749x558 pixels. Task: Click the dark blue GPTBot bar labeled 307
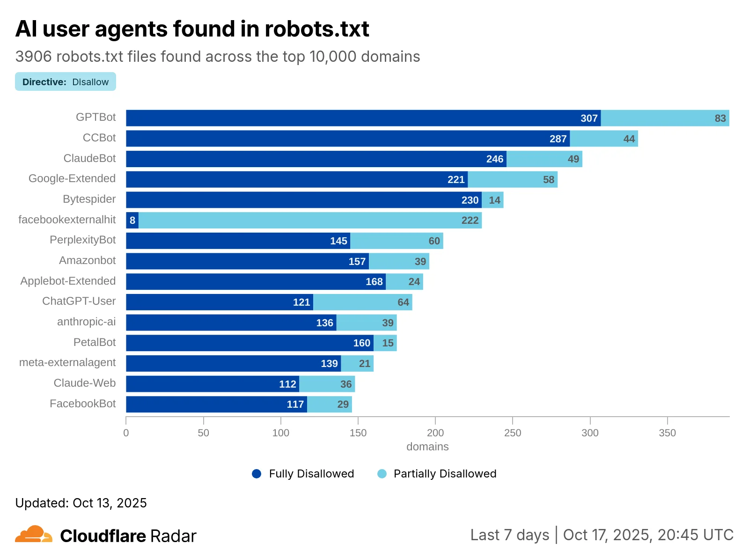[x=363, y=118]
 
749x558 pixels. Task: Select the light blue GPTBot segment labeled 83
[x=665, y=118]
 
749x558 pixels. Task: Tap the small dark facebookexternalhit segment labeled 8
[x=132, y=220]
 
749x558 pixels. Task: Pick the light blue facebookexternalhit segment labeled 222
[x=310, y=220]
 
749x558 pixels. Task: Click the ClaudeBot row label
[x=89, y=158]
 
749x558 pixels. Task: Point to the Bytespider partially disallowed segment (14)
[x=492, y=200]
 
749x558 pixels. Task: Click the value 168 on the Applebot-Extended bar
[x=374, y=282]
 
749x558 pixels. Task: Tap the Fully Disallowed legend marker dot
[x=257, y=474]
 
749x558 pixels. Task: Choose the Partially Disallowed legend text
[x=445, y=474]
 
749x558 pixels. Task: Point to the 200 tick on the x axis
[x=435, y=433]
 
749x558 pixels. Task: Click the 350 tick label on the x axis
[x=667, y=433]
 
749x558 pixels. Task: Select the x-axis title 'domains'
[x=427, y=447]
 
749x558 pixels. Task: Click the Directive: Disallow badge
[x=66, y=82]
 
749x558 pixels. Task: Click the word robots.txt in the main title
[x=317, y=29]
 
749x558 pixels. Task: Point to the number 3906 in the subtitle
[x=33, y=57]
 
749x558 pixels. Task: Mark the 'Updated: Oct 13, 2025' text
[x=81, y=503]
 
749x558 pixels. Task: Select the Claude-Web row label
[x=85, y=383]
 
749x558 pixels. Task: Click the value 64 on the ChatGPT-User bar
[x=403, y=302]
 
